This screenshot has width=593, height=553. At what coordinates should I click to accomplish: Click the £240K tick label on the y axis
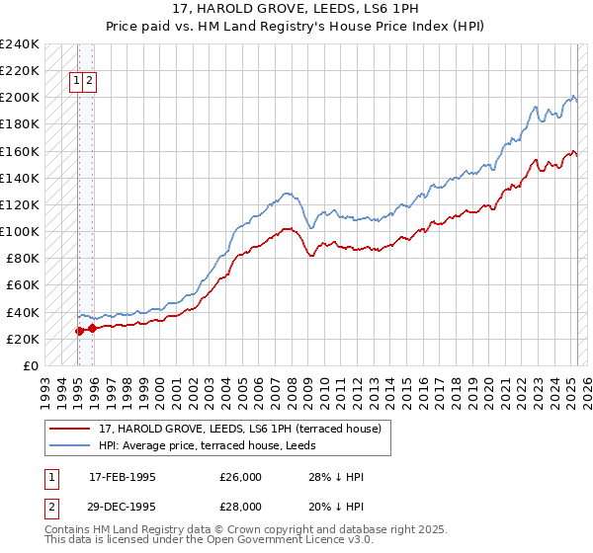click(20, 44)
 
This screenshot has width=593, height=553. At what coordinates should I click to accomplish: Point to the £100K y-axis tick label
click(20, 231)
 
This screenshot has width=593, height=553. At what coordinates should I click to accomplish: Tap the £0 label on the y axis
click(31, 365)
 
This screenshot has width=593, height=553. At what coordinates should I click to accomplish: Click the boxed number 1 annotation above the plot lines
click(75, 82)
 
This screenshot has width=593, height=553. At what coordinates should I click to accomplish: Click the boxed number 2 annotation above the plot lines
click(89, 82)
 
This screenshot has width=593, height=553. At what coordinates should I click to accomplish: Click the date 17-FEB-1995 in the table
click(122, 477)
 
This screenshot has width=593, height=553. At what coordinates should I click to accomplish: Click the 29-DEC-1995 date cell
click(122, 507)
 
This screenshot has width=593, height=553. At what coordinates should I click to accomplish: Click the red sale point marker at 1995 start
click(79, 331)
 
